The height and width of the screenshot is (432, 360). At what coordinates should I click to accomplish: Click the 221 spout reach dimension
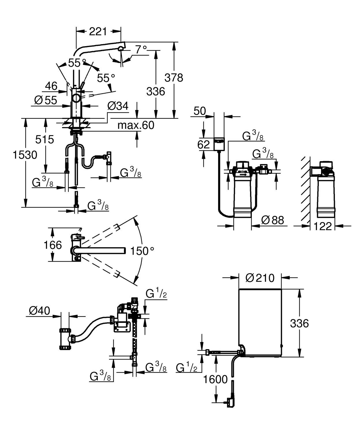[98, 31]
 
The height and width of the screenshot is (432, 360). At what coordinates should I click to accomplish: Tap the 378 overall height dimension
[174, 78]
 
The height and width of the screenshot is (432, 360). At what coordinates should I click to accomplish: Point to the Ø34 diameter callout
[118, 106]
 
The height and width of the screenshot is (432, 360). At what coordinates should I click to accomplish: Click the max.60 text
[136, 125]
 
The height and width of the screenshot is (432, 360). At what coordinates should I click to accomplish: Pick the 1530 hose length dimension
[25, 155]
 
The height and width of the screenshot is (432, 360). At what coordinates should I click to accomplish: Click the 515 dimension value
[44, 139]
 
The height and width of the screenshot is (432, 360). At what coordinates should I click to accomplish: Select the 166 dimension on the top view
[52, 245]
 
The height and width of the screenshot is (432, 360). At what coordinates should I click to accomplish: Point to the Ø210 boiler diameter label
[260, 278]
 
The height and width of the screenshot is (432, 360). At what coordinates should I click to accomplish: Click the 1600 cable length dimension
[215, 379]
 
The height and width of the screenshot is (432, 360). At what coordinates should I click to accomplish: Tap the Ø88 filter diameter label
[273, 220]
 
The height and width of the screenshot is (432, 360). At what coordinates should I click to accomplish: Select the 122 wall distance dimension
[322, 226]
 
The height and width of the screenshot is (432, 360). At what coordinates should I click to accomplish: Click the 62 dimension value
[204, 144]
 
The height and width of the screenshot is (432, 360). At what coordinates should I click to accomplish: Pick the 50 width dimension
[200, 111]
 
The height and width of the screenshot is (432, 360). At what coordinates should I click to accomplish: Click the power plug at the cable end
[230, 402]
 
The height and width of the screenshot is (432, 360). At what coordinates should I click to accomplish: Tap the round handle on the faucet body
[76, 98]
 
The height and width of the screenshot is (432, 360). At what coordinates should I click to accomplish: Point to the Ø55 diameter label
[46, 100]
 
